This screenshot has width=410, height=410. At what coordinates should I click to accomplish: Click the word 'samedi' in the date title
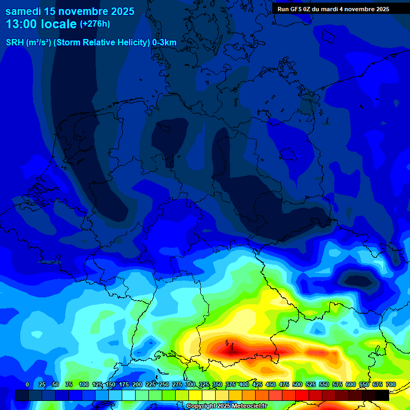[23, 11]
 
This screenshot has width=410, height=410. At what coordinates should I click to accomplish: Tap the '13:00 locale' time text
[41, 25]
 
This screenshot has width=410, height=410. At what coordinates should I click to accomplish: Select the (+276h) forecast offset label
[95, 24]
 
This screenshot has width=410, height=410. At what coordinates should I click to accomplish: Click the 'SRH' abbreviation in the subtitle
[14, 43]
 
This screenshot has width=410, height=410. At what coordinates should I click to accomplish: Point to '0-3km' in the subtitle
[164, 43]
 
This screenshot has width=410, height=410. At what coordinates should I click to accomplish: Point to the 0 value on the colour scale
[27, 384]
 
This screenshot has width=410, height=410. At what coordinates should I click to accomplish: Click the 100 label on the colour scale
[84, 384]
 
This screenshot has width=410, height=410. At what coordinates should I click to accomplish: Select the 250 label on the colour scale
[164, 384]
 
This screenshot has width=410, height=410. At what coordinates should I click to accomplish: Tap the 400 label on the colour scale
[244, 384]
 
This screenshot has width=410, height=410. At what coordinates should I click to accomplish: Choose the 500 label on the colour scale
[297, 384]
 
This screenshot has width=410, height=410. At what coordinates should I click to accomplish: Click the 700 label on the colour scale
[390, 384]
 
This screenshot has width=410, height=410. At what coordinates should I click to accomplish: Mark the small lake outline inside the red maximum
[228, 344]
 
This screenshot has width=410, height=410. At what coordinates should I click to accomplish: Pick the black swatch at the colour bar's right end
[382, 395]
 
